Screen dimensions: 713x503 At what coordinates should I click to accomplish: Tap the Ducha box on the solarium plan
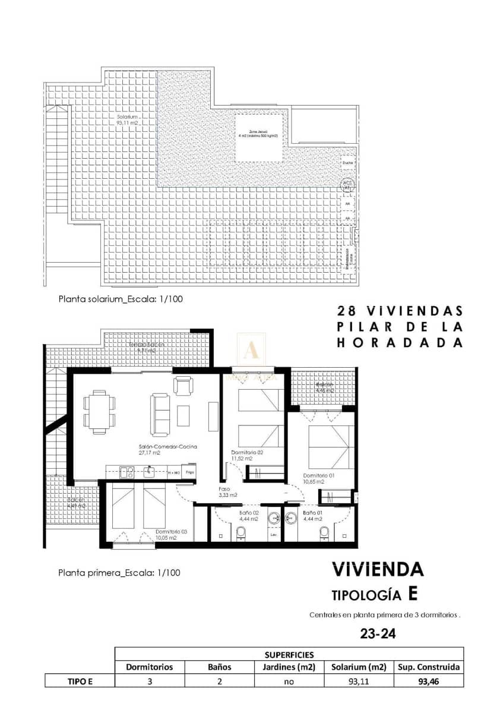pos(347,162)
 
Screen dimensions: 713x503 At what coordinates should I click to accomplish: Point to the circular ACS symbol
pos(347,184)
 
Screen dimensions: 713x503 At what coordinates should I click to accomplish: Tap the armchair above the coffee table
pos(183,386)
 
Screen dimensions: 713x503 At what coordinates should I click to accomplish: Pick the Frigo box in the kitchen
pos(189,472)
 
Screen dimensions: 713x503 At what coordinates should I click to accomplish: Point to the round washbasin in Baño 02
pos(274,518)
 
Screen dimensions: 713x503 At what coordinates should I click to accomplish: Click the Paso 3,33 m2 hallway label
pos(228,491)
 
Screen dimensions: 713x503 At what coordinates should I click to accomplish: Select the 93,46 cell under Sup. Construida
pos(429,682)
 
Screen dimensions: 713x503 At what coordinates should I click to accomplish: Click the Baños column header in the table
pos(219,667)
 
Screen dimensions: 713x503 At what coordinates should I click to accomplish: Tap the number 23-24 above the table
pos(378,635)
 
